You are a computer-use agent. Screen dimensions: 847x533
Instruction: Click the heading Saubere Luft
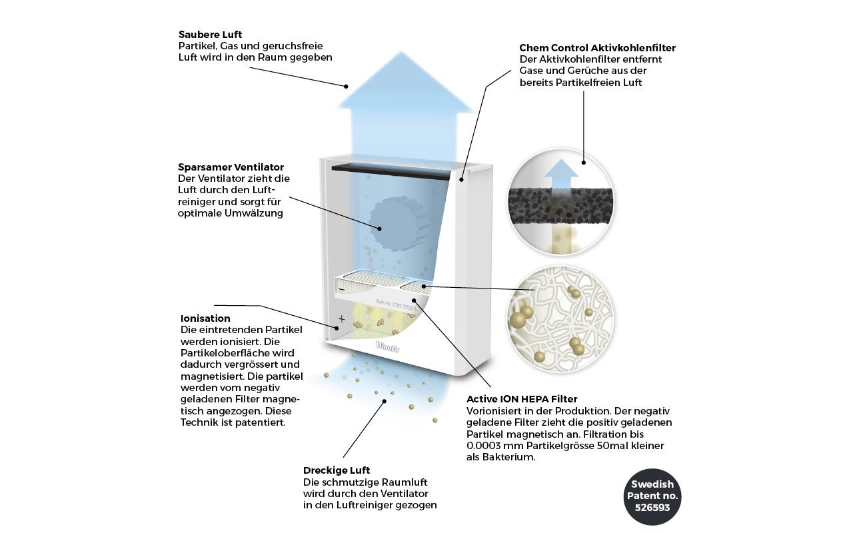click(x=210, y=35)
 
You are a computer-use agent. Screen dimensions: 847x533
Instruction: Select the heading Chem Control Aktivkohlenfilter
click(x=598, y=48)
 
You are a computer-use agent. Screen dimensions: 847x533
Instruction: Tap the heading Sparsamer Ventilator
click(x=231, y=167)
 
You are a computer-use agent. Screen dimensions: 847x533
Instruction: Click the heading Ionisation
click(x=205, y=318)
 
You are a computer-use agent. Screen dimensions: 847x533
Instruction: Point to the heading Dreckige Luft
click(x=337, y=470)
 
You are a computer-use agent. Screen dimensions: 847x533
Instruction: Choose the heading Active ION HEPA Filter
click(x=522, y=399)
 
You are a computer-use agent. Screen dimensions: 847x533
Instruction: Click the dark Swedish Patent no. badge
click(x=652, y=496)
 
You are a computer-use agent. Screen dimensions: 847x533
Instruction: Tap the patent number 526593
click(x=652, y=508)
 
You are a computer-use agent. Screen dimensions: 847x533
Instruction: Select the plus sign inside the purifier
click(x=342, y=318)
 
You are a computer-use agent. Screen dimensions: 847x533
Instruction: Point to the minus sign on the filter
click(x=341, y=290)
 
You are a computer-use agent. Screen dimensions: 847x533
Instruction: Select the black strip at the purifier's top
click(x=391, y=172)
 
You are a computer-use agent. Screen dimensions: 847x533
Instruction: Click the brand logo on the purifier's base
click(x=387, y=346)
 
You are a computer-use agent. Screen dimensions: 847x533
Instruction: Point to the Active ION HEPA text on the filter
click(x=396, y=304)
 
